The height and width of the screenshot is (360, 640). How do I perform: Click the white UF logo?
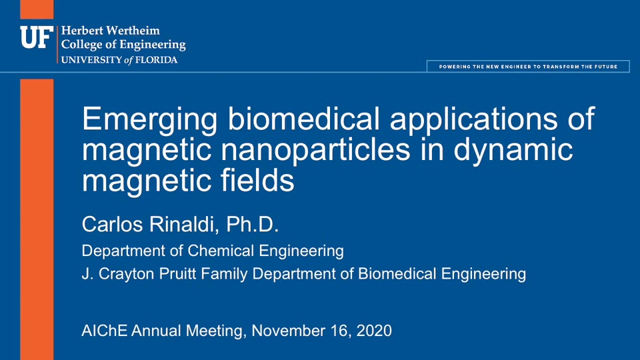(x=37, y=37)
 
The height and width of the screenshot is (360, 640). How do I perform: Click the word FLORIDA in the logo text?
(x=156, y=60)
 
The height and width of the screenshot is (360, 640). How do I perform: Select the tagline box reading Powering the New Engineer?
(x=528, y=67)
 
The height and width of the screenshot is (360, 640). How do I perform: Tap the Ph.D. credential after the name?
(x=252, y=224)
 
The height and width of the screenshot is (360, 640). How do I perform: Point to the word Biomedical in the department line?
(x=397, y=273)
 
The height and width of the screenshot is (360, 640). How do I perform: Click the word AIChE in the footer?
(x=105, y=331)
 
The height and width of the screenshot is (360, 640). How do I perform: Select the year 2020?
(x=374, y=331)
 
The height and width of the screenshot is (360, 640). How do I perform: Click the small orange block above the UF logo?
(x=37, y=9)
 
